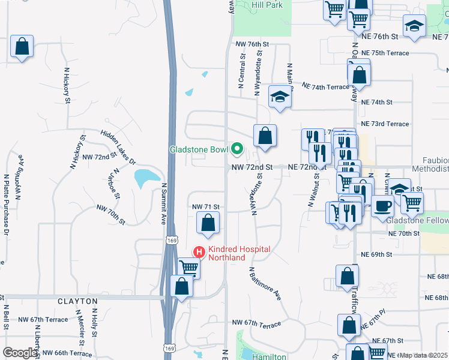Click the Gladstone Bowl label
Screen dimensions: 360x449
pos(199,149)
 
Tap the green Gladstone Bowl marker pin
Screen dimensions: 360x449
pos(237,148)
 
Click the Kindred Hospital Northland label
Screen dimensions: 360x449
pos(238,253)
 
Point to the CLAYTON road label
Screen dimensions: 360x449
pos(77,300)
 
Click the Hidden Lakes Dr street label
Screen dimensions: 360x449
pos(118,148)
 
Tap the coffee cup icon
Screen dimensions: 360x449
pos(382,207)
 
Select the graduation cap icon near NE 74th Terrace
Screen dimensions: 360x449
pos(279,97)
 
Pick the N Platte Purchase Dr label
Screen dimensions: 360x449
pos(7,204)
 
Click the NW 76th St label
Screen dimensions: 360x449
pos(252,44)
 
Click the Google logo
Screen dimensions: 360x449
pos(20,353)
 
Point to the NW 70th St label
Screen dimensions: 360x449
pos(110,214)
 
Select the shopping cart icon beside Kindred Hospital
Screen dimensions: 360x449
pos(189,268)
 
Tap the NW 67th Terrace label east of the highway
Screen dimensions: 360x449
pos(256,325)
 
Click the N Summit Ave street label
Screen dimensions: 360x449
pos(163,204)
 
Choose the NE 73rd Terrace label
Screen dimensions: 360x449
pos(388,124)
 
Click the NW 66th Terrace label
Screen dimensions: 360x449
pos(67,353)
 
